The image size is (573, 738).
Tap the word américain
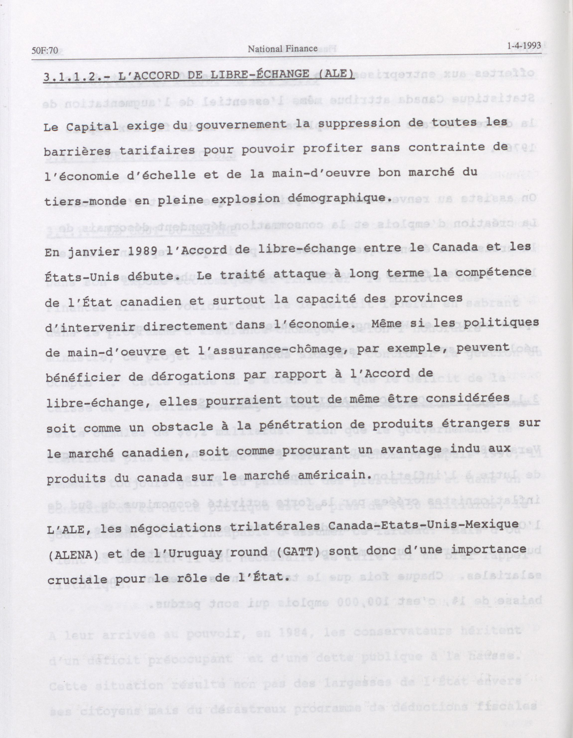click(329, 475)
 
